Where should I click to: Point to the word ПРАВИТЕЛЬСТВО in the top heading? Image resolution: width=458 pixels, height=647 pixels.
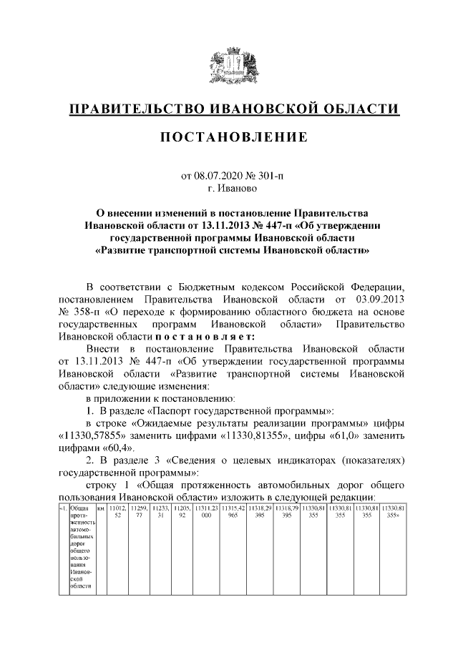136,109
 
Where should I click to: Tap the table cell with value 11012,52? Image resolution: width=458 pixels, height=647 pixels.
117,512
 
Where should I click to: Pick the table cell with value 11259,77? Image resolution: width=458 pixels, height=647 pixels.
139,512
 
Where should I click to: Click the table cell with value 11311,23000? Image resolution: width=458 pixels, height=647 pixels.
206,512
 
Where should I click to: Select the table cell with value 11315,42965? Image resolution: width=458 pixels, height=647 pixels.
233,512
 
